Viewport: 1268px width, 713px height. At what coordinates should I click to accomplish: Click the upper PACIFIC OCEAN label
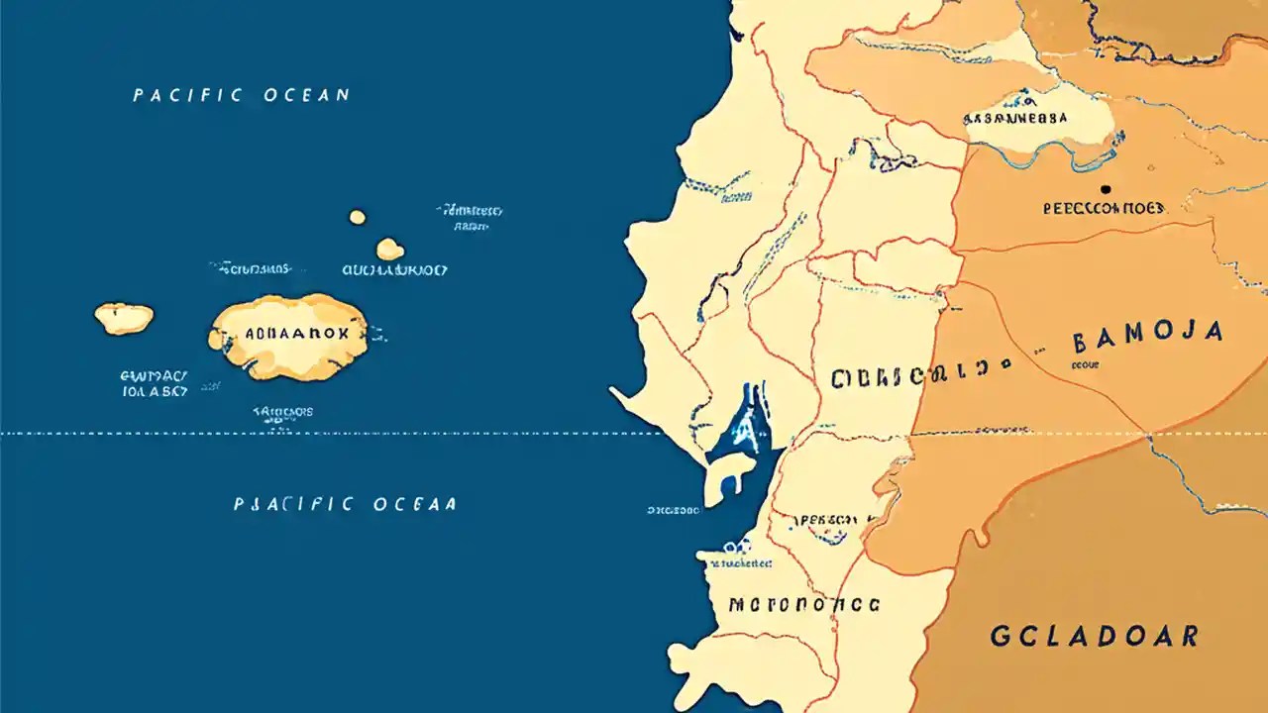coord(241,95)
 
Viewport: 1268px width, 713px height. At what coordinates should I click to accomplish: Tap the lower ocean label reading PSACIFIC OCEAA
coord(345,504)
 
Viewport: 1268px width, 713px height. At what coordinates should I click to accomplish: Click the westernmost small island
coord(124,318)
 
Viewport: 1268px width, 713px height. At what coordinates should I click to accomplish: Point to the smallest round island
coord(357,217)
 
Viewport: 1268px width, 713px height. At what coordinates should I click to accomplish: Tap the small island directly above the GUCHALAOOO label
coord(389,249)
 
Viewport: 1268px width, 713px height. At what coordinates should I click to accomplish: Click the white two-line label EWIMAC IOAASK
coord(154,383)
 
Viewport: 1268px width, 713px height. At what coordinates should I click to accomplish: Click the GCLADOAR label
coord(1094,636)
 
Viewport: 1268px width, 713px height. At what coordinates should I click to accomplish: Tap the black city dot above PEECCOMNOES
coord(1106,188)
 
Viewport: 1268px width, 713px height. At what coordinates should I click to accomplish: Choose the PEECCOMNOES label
coord(1105,209)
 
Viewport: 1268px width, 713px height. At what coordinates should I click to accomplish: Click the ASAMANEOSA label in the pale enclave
coord(1015,118)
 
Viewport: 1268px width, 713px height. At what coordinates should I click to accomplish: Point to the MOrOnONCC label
coord(803,604)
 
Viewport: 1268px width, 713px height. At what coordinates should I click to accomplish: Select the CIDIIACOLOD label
coord(909,378)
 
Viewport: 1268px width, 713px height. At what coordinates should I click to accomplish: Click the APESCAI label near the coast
coord(828,519)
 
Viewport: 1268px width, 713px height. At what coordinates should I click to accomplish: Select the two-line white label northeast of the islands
coord(470,218)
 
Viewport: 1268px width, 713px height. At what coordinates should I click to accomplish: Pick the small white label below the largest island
coord(283,411)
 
